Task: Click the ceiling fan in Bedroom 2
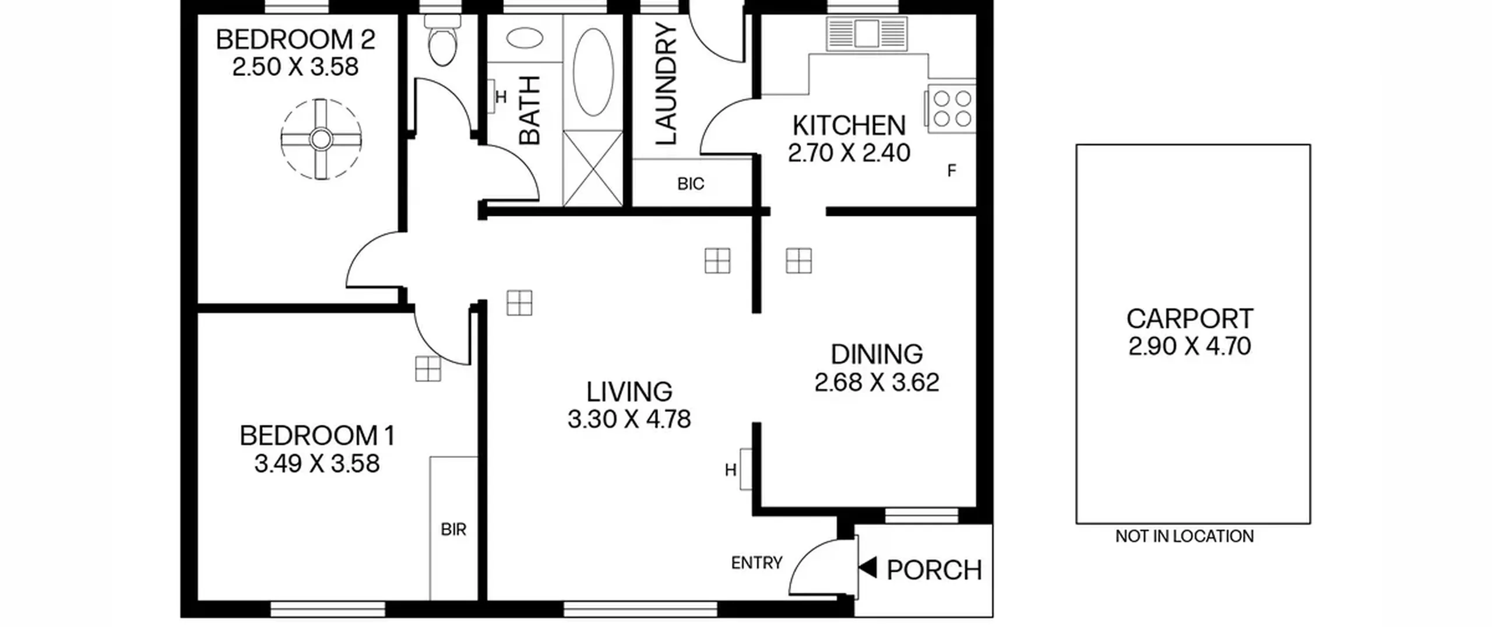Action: tap(321, 139)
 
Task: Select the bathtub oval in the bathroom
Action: tap(593, 72)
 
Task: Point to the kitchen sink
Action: tap(867, 33)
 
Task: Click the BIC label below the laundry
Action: tap(691, 184)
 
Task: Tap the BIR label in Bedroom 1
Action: tap(453, 530)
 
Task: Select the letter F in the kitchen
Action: tap(952, 171)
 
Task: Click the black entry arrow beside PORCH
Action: tap(868, 568)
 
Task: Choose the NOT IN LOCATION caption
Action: tap(1184, 537)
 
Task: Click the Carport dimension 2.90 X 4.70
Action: tap(1190, 346)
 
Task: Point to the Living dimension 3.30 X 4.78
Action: tap(629, 419)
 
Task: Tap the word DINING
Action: tap(877, 355)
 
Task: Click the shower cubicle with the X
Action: tap(593, 168)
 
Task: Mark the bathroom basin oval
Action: tap(525, 38)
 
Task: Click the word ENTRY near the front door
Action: tap(756, 563)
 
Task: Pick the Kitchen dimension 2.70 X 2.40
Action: tap(849, 153)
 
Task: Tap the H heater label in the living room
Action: tap(730, 470)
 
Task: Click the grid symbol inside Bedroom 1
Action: tap(428, 369)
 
